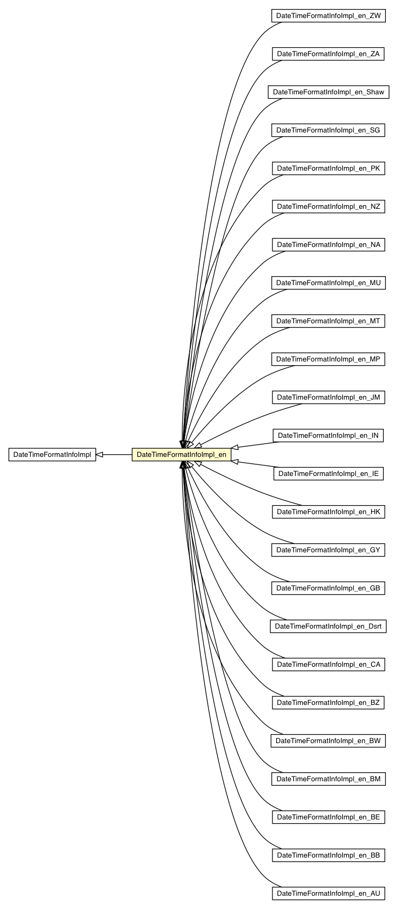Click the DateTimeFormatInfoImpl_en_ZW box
[328, 16]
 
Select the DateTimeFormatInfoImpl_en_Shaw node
[328, 92]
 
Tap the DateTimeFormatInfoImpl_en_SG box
[328, 130]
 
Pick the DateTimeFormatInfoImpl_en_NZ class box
[328, 207]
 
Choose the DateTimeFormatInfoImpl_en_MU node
[328, 283]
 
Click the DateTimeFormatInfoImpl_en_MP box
[328, 359]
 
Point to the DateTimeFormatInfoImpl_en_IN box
[328, 436]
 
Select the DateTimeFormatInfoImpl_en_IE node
[328, 474]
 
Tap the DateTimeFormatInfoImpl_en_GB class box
[328, 588]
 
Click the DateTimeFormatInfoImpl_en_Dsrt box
[328, 626]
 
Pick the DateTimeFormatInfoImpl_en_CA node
[328, 665]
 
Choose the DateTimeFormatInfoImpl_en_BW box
[328, 741]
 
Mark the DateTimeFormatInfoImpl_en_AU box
[328, 894]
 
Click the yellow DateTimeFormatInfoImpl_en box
[181, 455]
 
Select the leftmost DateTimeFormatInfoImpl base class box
[52, 455]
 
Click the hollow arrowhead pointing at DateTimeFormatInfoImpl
[100, 455]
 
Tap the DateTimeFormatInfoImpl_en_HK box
[328, 512]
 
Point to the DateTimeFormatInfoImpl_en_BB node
[328, 855]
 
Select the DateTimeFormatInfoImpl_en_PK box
[328, 169]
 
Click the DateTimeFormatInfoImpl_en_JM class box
[328, 398]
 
